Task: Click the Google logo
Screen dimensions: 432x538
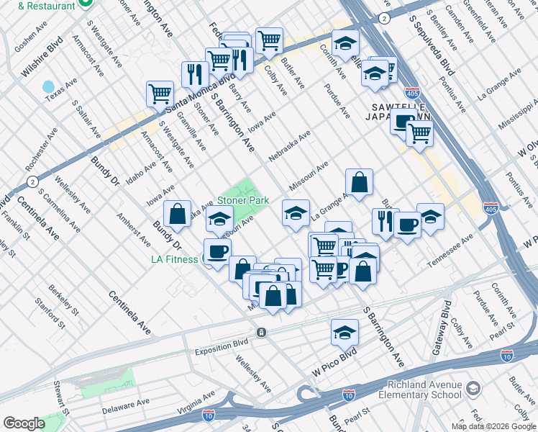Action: [24, 423]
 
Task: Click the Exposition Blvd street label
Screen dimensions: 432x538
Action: [221, 352]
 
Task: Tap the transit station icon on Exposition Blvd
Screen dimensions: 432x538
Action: [261, 332]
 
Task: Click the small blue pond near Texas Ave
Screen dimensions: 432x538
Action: [48, 87]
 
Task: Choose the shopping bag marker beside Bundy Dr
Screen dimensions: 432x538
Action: [177, 214]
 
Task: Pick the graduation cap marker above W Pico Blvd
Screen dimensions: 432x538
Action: [345, 332]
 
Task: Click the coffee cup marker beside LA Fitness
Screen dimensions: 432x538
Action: [217, 251]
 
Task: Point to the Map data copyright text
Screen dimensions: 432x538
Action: [494, 426]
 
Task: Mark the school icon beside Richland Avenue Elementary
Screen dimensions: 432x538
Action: [473, 389]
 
